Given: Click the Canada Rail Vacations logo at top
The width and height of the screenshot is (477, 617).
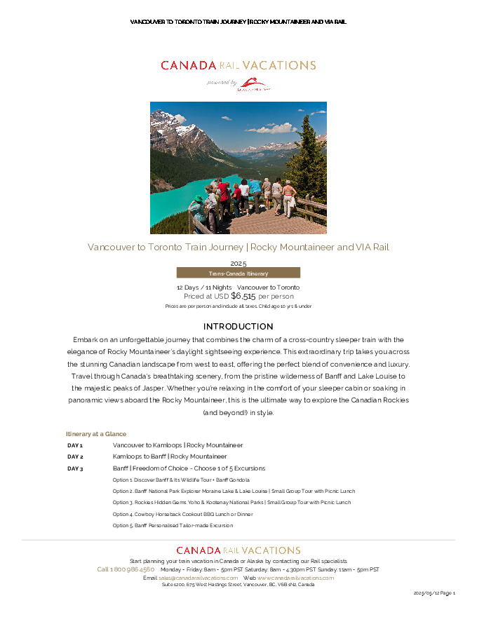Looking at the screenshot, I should click(238, 65).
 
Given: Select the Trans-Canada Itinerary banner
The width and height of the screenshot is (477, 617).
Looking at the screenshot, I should click(238, 273).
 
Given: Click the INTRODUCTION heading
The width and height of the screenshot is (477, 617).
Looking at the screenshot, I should click(238, 327).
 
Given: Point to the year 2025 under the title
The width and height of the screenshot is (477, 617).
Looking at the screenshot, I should click(238, 263).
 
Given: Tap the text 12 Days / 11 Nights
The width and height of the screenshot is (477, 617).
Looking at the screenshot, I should click(203, 287).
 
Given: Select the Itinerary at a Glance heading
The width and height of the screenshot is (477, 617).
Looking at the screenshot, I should click(96, 434).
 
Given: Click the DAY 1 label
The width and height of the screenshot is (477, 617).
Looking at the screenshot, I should click(75, 445).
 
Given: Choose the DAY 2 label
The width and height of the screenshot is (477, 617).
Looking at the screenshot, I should click(75, 456).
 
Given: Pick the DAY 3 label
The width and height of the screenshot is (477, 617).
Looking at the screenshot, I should click(75, 468).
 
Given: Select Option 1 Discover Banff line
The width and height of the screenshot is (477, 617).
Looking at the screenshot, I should click(181, 480).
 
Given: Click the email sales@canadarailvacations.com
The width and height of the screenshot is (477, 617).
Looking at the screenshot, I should click(199, 578).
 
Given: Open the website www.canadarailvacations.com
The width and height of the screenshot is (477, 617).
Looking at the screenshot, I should click(295, 578).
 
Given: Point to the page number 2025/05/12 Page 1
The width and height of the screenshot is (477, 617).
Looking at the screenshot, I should click(435, 593).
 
